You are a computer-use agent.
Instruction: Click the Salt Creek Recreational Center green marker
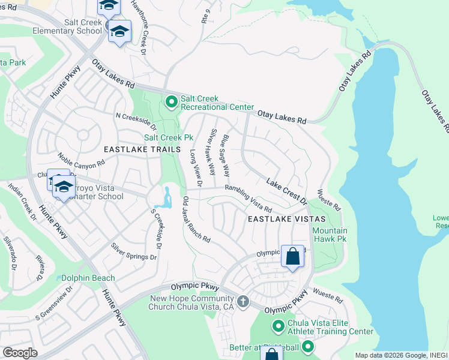(171, 103)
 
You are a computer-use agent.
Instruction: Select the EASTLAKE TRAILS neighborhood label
(142, 149)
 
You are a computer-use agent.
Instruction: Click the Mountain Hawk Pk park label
(330, 235)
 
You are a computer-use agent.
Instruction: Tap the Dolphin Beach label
(88, 278)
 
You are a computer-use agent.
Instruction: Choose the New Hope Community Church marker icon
(243, 301)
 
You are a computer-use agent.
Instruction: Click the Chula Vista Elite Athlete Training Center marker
(278, 326)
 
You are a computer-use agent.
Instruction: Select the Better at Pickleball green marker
(308, 347)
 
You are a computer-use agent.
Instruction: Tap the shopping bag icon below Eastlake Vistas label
(292, 256)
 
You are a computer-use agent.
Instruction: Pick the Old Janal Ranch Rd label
(196, 220)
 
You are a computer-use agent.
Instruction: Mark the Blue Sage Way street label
(225, 155)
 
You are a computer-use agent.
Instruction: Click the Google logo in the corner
(20, 352)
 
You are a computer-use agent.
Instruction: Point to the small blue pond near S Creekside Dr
(166, 197)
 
